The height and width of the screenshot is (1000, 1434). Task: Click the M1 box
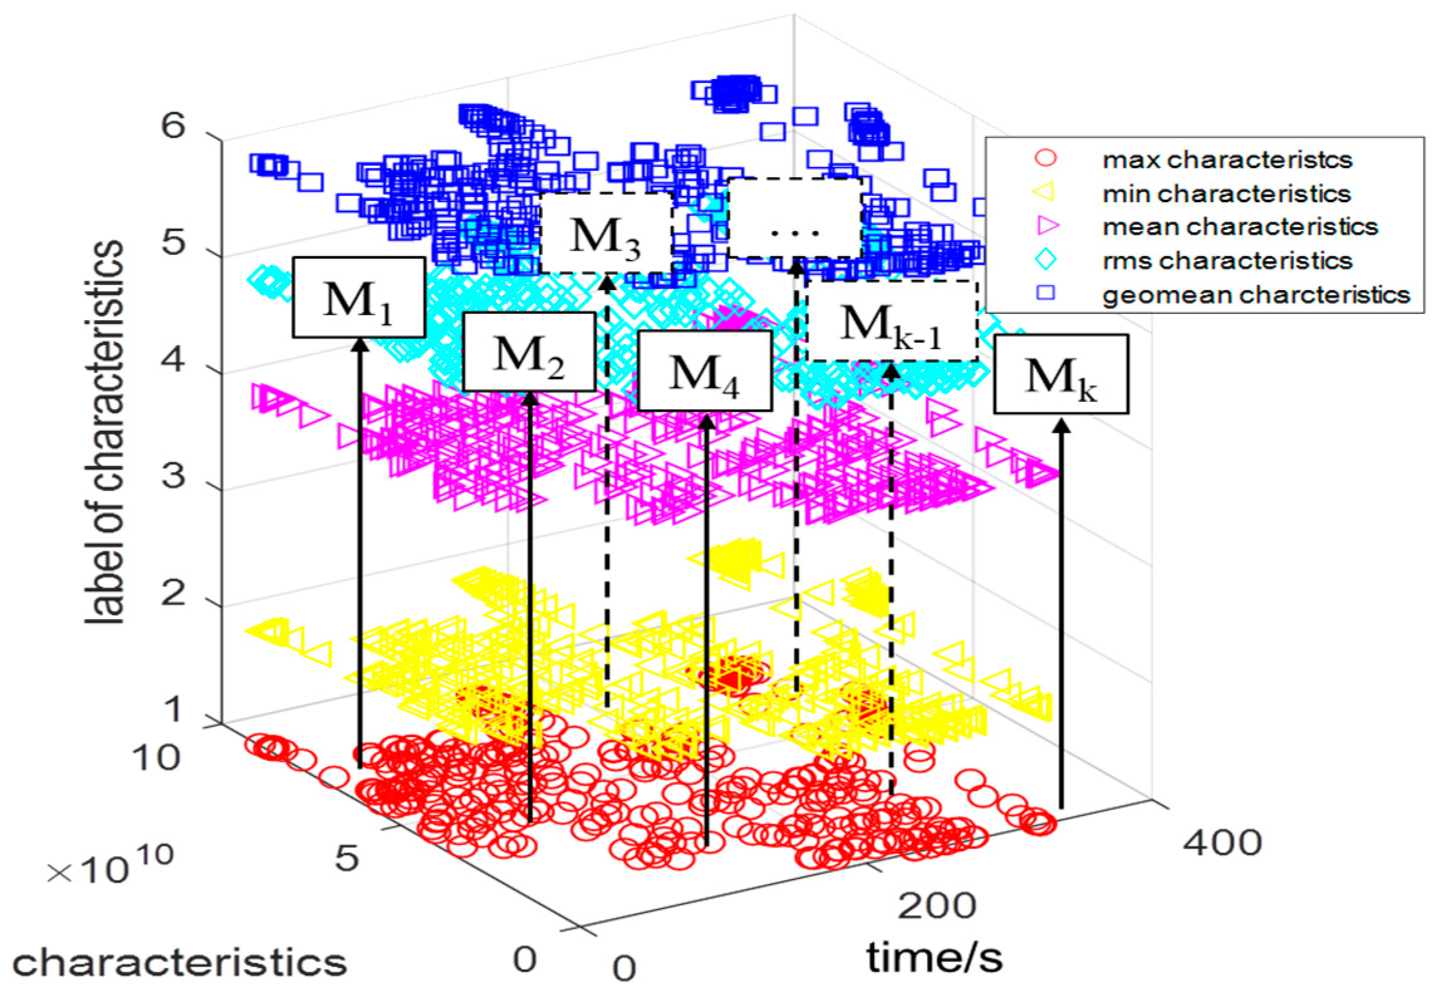358,298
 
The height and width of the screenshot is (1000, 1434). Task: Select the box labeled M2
529,352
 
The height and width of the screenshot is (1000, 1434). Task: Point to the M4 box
704,371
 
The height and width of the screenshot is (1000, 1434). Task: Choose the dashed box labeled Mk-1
892,321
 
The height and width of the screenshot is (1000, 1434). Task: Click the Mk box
1060,374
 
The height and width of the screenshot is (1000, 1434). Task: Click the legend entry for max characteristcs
1226,159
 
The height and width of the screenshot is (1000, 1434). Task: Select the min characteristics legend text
1226,193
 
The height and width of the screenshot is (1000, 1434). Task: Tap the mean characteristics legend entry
1239,227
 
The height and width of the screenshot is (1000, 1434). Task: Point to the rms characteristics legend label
1226,261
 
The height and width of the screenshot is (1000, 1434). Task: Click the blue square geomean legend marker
1045,293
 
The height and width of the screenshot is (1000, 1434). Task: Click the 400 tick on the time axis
1222,842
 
